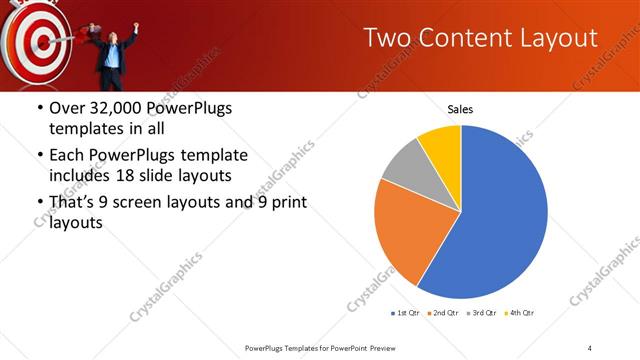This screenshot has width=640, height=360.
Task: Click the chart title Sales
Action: [x=460, y=109]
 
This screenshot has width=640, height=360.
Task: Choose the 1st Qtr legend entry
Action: [x=406, y=313]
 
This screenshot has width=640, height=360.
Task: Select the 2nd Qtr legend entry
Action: [x=444, y=313]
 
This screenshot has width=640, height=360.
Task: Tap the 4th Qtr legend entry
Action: [x=521, y=313]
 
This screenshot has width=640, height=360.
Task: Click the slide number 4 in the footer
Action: [x=590, y=347]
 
